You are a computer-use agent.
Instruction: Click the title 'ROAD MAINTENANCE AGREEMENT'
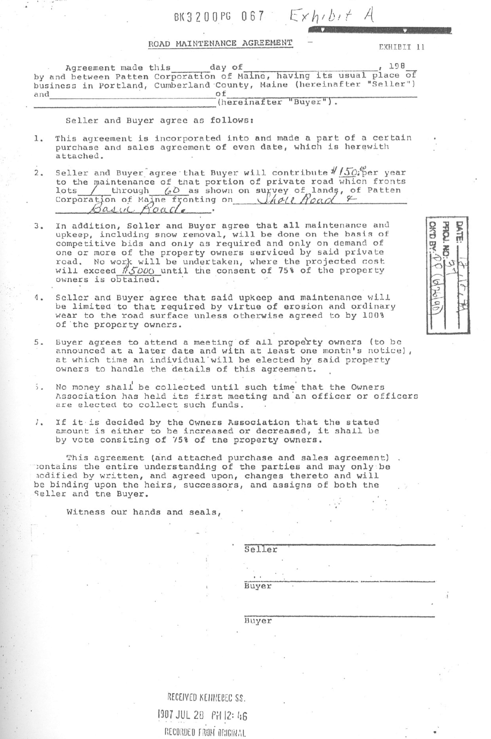coord(221,43)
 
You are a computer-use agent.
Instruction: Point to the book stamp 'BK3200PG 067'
coord(219,16)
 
